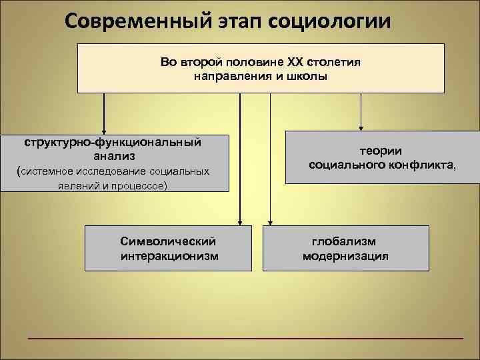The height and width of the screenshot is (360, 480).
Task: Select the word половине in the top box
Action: [258, 62]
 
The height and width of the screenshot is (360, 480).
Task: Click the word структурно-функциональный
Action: [113, 142]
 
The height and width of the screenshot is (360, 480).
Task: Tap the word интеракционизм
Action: [169, 255]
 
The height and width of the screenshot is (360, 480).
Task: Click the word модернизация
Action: [345, 255]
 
